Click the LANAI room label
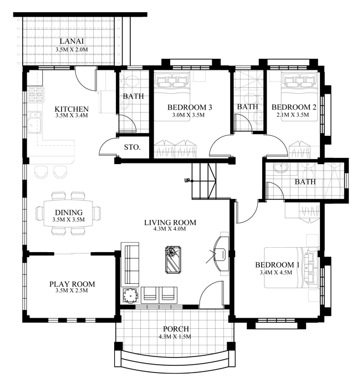click(72, 40)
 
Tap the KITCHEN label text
click(72, 109)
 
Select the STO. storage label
click(132, 147)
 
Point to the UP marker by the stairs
click(188, 181)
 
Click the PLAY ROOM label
click(72, 284)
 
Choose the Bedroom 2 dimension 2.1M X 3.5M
click(294, 115)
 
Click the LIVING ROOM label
click(170, 223)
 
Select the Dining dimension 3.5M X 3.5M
click(69, 219)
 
